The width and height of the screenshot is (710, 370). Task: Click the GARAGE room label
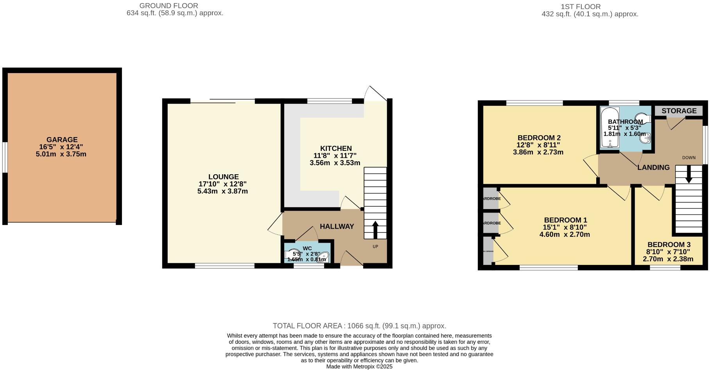tap(62, 139)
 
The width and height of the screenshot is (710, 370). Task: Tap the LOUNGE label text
tap(223, 177)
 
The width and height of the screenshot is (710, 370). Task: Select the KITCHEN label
tap(336, 148)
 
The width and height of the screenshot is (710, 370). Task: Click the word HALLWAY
tap(337, 226)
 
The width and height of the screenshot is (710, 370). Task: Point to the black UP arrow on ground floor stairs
tap(375, 230)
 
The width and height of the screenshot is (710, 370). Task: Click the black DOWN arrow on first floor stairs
tap(688, 174)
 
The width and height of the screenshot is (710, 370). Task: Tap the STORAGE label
tap(679, 111)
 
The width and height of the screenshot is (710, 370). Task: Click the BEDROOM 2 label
tap(539, 138)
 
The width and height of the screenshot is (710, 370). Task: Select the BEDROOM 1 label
tap(565, 220)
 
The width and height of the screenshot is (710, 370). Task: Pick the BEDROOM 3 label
tap(669, 245)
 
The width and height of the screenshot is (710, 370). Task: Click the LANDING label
tap(653, 167)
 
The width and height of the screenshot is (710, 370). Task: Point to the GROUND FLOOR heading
tap(169, 6)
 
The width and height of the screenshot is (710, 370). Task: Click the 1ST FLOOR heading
tap(575, 7)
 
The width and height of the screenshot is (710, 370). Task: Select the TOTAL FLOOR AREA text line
tap(359, 326)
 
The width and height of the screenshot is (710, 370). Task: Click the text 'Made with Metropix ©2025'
tap(359, 366)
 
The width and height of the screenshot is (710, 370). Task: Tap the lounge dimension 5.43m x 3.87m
tap(222, 191)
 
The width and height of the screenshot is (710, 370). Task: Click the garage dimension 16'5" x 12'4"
tap(61, 147)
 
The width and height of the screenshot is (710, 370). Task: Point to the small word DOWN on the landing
tap(688, 158)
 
